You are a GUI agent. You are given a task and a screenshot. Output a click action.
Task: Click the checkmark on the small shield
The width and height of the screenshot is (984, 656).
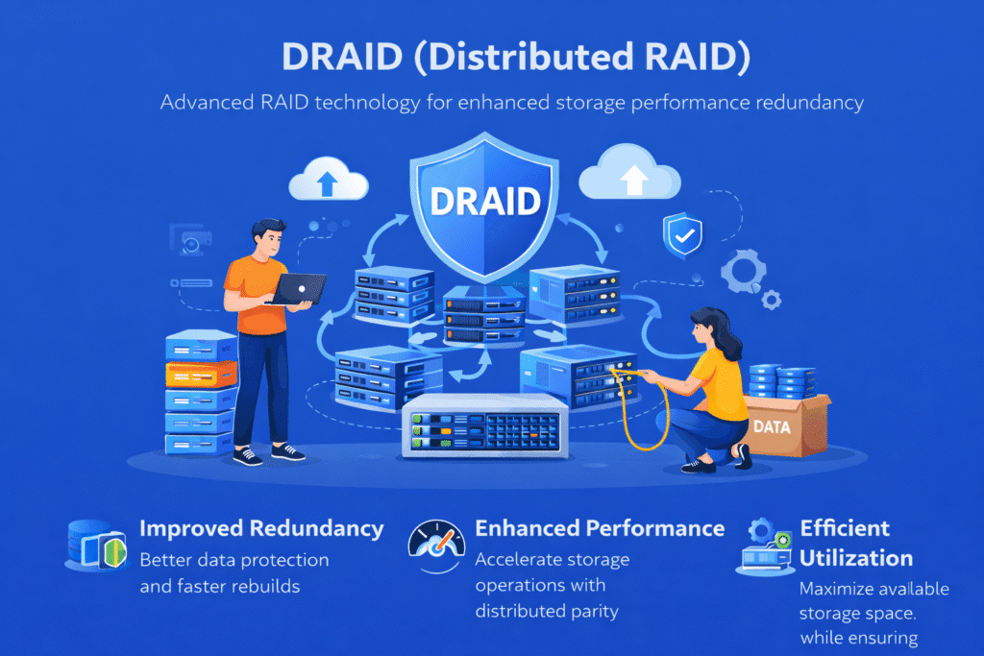tap(682, 233)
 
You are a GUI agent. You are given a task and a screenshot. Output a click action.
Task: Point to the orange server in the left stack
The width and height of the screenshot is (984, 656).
tap(202, 373)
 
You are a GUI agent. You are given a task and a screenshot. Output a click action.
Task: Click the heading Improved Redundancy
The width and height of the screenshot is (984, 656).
tap(261, 528)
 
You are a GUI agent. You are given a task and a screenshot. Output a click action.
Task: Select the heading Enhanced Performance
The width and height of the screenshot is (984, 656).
tap(600, 527)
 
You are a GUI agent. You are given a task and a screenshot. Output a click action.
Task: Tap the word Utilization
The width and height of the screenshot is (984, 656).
tap(856, 557)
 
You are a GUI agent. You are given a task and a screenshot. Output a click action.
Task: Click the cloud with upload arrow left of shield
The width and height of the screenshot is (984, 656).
tap(329, 178)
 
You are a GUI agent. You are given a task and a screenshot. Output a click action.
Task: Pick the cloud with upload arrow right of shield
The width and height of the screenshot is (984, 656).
tap(633, 176)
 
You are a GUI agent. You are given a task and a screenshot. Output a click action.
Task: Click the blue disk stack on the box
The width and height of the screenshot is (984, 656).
tap(776, 380)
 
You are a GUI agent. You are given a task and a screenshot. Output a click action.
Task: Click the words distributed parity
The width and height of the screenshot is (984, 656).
tap(544, 610)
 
